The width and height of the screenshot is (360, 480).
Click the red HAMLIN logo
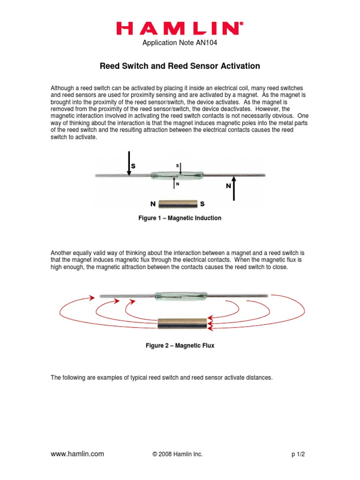[180, 29]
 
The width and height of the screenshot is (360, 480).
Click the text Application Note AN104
[180, 44]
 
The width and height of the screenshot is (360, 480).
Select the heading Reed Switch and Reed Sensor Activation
[180, 66]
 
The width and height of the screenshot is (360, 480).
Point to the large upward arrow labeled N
[234, 188]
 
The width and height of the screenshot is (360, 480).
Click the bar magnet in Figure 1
[177, 204]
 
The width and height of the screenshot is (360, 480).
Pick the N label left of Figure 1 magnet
[152, 204]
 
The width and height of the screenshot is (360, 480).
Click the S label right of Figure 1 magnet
[202, 204]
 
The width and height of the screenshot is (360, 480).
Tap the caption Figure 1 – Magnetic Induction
[180, 218]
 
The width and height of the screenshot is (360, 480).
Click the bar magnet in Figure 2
[182, 323]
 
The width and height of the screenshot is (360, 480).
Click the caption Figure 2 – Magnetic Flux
[180, 346]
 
